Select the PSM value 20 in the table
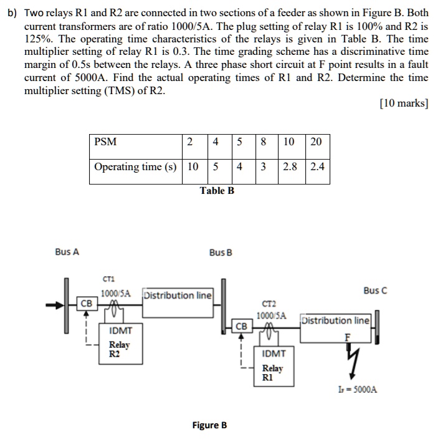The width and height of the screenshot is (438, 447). click(315, 142)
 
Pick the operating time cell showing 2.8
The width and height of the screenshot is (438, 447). click(290, 167)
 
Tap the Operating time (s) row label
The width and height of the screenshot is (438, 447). click(134, 167)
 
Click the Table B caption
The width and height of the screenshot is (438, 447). click(217, 191)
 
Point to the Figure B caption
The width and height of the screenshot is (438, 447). click(209, 425)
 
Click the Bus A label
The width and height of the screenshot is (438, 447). click(67, 252)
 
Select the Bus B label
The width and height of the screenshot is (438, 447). click(221, 252)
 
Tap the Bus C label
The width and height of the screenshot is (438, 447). click(375, 291)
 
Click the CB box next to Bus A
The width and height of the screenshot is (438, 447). click(86, 304)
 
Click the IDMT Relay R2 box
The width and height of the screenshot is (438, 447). click(120, 342)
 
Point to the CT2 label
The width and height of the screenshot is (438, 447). click(269, 304)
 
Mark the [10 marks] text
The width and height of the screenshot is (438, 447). click(403, 103)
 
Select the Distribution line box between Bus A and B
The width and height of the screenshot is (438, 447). click(178, 295)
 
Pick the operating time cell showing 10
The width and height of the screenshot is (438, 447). click(193, 167)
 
